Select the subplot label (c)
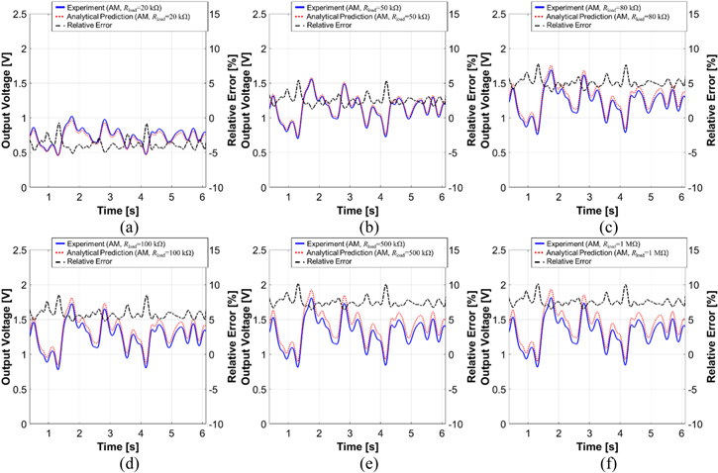click(x=599, y=226)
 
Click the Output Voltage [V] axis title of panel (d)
click(x=8, y=331)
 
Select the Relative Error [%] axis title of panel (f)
click(x=711, y=331)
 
